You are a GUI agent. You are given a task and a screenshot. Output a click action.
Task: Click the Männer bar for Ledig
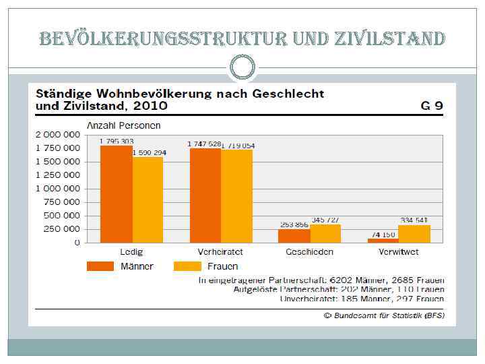[117, 193]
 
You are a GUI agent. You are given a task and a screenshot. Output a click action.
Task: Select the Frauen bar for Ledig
[148, 200]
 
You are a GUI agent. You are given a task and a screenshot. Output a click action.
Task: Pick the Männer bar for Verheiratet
[205, 195]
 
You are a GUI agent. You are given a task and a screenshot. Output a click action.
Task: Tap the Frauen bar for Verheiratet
[236, 196]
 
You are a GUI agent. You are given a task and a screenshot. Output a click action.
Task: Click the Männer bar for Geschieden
[294, 235]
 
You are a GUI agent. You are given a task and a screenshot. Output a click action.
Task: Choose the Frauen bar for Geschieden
[325, 233]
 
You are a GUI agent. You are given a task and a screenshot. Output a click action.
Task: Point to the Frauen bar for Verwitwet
[414, 233]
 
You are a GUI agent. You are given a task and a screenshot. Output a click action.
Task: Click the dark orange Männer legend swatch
[100, 266]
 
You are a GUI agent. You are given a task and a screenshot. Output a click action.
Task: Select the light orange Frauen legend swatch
[188, 266]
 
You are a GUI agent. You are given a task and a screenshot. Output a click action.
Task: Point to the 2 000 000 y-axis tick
[57, 135]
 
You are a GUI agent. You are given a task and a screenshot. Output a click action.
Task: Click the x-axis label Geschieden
[309, 252]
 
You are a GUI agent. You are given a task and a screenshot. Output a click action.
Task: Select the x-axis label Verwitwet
[399, 252]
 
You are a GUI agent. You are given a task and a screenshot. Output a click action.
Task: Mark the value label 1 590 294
[150, 153]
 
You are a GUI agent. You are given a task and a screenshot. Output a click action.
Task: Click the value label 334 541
[414, 220]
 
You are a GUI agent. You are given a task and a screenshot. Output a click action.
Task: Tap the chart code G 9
[432, 105]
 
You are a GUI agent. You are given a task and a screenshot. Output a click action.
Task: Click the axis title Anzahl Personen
[123, 125]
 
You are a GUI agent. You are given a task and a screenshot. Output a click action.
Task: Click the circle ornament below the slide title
[242, 66]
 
